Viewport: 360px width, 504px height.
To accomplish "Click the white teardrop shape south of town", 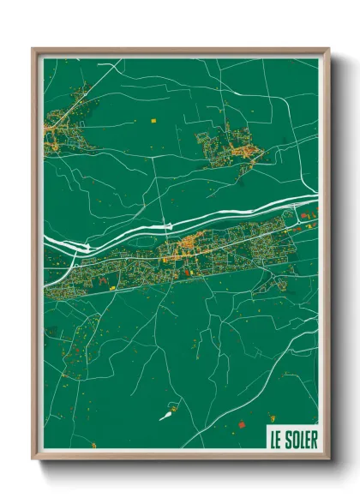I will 165,417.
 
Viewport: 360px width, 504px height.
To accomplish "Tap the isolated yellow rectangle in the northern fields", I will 154,120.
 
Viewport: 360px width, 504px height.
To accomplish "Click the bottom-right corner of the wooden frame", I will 328,459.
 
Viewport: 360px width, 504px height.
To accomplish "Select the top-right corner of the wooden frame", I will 328,50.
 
